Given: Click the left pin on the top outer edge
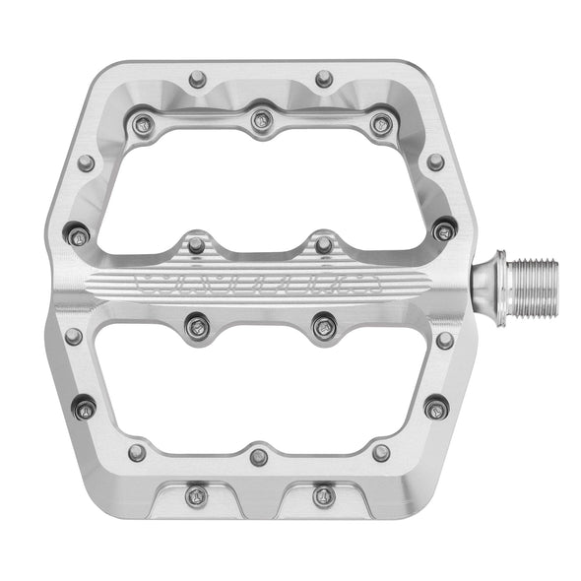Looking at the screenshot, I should click(x=197, y=79).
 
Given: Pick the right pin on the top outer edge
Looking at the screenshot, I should click(x=324, y=79).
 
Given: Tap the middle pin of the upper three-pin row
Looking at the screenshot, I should click(x=261, y=121).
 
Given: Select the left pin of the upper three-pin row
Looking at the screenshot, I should click(x=143, y=124).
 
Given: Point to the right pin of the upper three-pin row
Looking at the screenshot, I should click(x=381, y=124).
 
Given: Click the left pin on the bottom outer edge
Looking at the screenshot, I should click(x=197, y=495).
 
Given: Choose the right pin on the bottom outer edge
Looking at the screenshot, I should click(x=324, y=495).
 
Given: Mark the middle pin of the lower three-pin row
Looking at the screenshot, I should click(x=259, y=456).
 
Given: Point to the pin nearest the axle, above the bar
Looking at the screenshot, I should click(x=445, y=231).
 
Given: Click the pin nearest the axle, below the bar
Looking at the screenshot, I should click(x=445, y=340).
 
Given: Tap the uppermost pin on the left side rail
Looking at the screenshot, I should click(x=87, y=162).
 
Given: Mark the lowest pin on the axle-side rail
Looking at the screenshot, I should click(x=435, y=407).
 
